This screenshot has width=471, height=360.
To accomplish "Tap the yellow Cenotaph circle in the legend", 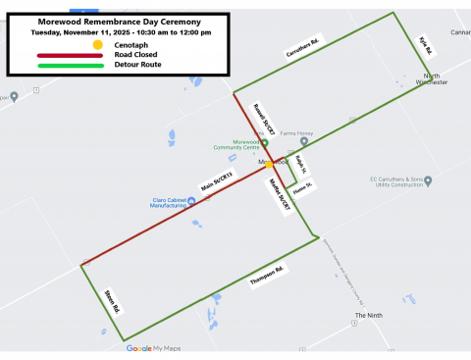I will point(97,44).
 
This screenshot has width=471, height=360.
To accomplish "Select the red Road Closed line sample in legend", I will point(69,55).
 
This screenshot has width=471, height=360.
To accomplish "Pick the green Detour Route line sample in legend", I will point(69,65).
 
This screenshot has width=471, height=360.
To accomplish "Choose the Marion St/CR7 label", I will point(279,194).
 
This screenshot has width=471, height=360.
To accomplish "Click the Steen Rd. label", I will point(110,301).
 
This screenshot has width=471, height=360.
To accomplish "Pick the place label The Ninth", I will point(368,316).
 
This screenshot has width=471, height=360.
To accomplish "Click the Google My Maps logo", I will point(152,348).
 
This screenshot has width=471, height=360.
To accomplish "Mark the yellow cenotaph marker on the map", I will point(270,166).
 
